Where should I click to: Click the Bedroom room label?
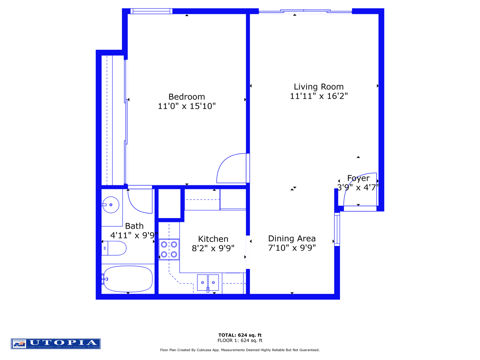click(x=187, y=97)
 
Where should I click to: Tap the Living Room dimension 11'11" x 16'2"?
click(x=319, y=96)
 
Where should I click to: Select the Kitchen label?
click(x=213, y=239)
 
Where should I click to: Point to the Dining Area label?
click(x=292, y=239)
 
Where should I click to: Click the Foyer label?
click(x=358, y=178)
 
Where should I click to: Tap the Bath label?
click(x=134, y=226)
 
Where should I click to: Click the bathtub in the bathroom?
click(x=128, y=279)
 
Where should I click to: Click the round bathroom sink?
click(x=111, y=205)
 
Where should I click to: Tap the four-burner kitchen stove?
click(x=169, y=250)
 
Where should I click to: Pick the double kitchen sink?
click(x=208, y=283)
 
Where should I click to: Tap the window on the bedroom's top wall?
click(x=151, y=11)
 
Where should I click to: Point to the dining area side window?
click(x=337, y=229)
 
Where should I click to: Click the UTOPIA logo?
click(x=56, y=344)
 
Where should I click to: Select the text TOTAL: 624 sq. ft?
click(x=240, y=335)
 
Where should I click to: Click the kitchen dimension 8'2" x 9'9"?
click(x=213, y=248)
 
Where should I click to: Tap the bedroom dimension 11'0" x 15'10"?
click(x=187, y=106)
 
